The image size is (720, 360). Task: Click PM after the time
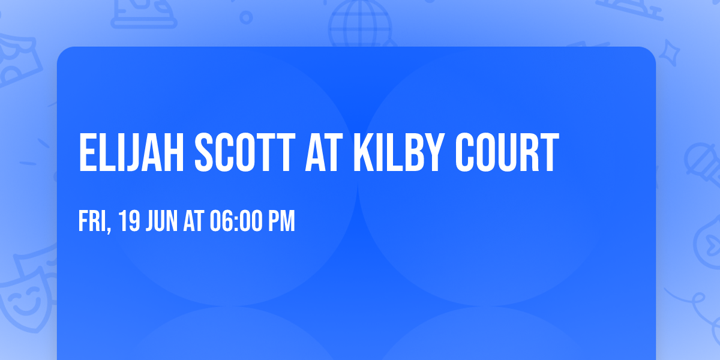click(281, 222)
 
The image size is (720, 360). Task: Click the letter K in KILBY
click(363, 153)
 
